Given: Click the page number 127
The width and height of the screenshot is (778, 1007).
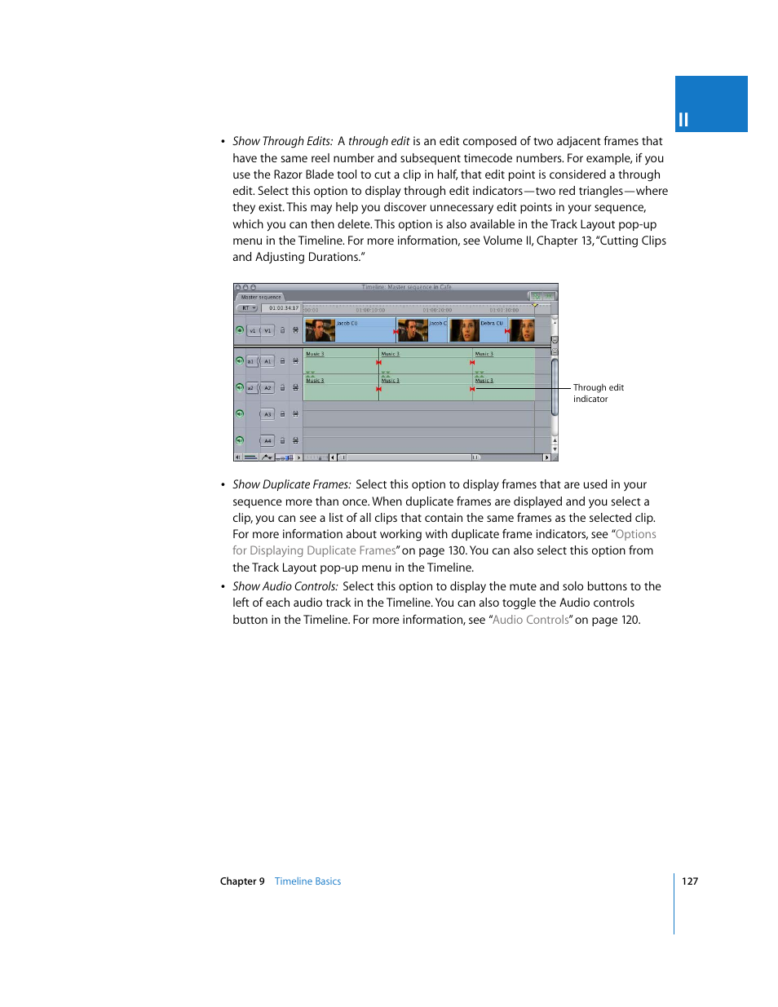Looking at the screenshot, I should (x=690, y=881).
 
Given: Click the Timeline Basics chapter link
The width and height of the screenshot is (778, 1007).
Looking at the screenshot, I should (x=307, y=881).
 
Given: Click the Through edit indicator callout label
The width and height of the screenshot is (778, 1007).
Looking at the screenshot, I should (x=598, y=393).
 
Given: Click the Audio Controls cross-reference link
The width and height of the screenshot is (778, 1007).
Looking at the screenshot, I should (x=530, y=620).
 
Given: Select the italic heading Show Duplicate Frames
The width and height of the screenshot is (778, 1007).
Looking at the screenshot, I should (x=291, y=484).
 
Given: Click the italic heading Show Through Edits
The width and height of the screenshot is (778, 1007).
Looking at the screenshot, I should (x=282, y=141).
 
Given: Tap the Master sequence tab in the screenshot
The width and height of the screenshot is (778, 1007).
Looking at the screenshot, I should (x=260, y=297).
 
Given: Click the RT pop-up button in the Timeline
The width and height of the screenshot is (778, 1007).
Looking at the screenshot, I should (x=247, y=308).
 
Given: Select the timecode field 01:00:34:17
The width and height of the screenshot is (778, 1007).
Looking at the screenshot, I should (x=283, y=308).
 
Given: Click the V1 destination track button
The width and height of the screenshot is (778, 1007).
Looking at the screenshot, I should (x=267, y=330).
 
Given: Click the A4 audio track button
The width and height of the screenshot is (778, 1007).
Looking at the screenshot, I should (x=267, y=440).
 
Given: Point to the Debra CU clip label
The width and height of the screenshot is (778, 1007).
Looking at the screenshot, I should (x=492, y=323).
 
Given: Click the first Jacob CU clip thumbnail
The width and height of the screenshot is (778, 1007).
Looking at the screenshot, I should (x=320, y=330).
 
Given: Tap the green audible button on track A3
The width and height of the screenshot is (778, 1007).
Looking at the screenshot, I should (x=240, y=413).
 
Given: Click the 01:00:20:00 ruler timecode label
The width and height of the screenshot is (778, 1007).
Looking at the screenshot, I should (x=437, y=310).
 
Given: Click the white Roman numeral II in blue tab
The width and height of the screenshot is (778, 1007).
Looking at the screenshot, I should (x=683, y=120).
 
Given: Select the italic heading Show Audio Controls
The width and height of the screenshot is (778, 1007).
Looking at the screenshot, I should (x=285, y=586).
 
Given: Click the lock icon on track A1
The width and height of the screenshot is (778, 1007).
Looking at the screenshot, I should (x=283, y=360).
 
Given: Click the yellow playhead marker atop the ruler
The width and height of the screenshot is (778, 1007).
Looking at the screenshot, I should (x=535, y=305).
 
